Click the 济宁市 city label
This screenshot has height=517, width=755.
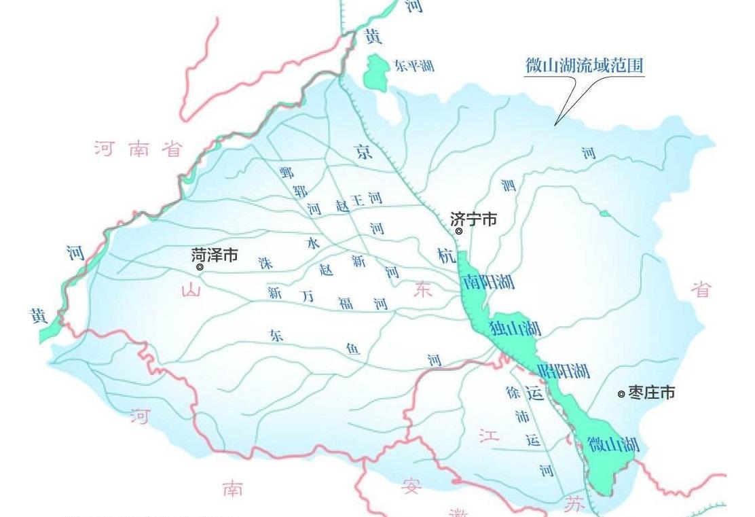click(474, 219)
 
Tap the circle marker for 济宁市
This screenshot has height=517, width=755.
click(459, 232)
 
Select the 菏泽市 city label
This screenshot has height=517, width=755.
click(215, 255)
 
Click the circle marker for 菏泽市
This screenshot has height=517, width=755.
click(200, 267)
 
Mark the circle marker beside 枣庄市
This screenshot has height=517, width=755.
click(621, 394)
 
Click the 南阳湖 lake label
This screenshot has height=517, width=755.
click(487, 282)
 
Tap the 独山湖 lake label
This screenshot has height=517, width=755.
click(515, 329)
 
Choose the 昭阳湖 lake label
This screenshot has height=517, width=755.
click(563, 371)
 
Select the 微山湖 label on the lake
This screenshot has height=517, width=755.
click(614, 445)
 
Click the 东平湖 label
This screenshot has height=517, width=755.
click(413, 66)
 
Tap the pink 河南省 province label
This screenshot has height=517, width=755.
click(139, 149)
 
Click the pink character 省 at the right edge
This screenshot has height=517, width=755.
click(702, 289)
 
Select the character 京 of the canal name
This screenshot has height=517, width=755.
click(365, 153)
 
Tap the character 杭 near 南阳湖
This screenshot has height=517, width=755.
click(446, 256)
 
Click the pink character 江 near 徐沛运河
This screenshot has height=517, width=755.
click(489, 435)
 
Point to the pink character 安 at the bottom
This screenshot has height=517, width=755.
click(411, 486)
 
